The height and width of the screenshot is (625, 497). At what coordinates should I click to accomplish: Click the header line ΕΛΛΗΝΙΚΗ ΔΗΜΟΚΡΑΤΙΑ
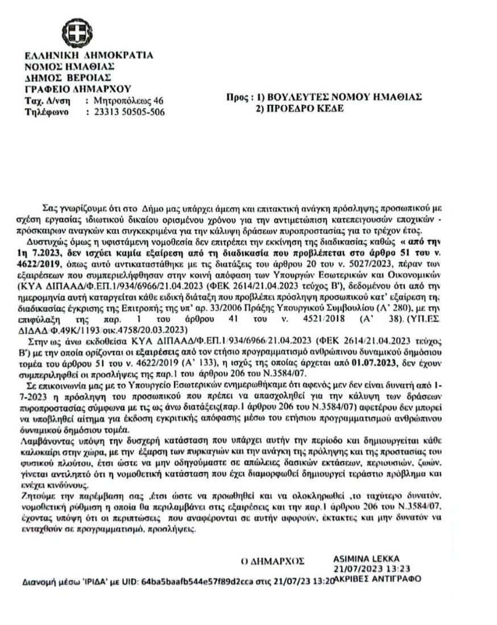[89, 56]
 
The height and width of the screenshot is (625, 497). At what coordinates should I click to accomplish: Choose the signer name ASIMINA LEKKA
[367, 558]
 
